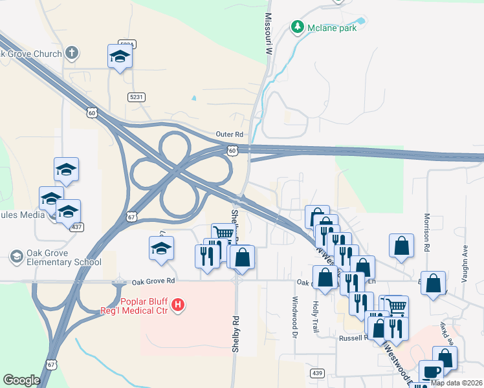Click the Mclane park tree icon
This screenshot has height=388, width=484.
298,27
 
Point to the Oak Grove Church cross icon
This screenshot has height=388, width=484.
71,54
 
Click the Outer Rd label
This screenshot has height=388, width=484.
230,135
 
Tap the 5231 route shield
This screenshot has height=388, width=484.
136,96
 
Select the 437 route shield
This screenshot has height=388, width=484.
78,227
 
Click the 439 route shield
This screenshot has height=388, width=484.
316,373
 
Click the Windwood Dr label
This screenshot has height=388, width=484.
294,317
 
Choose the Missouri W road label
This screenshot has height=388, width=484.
267,32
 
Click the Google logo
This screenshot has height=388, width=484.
22,380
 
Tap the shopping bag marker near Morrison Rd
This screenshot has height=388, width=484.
402,246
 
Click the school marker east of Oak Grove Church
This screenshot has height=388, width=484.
120,56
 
